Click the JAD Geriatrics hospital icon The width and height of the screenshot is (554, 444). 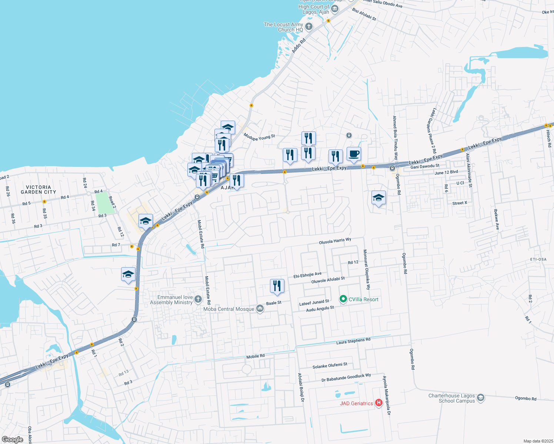(378, 403)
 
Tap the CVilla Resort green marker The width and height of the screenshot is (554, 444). (343, 299)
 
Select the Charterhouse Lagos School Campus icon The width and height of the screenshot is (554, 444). (481, 398)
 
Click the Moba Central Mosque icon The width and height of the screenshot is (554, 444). (260, 309)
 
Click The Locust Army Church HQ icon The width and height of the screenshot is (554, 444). (309, 27)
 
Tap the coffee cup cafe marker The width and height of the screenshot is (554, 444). (354, 154)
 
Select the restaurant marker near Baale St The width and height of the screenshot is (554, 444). (277, 286)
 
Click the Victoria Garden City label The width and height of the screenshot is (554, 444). (39, 189)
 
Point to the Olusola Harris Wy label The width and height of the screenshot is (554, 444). (335, 241)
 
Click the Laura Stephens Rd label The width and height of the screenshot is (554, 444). (353, 341)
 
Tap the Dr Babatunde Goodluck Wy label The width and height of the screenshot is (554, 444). (346, 377)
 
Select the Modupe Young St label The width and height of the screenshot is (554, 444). (259, 137)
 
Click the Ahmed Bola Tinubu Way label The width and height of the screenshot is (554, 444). (395, 137)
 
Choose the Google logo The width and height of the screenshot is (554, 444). (12, 440)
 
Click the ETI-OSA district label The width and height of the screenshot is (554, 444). (538, 259)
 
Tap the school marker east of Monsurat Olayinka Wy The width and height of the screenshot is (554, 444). (378, 198)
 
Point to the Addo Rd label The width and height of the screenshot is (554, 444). (298, 46)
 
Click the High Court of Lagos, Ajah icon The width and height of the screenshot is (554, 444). (335, 9)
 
